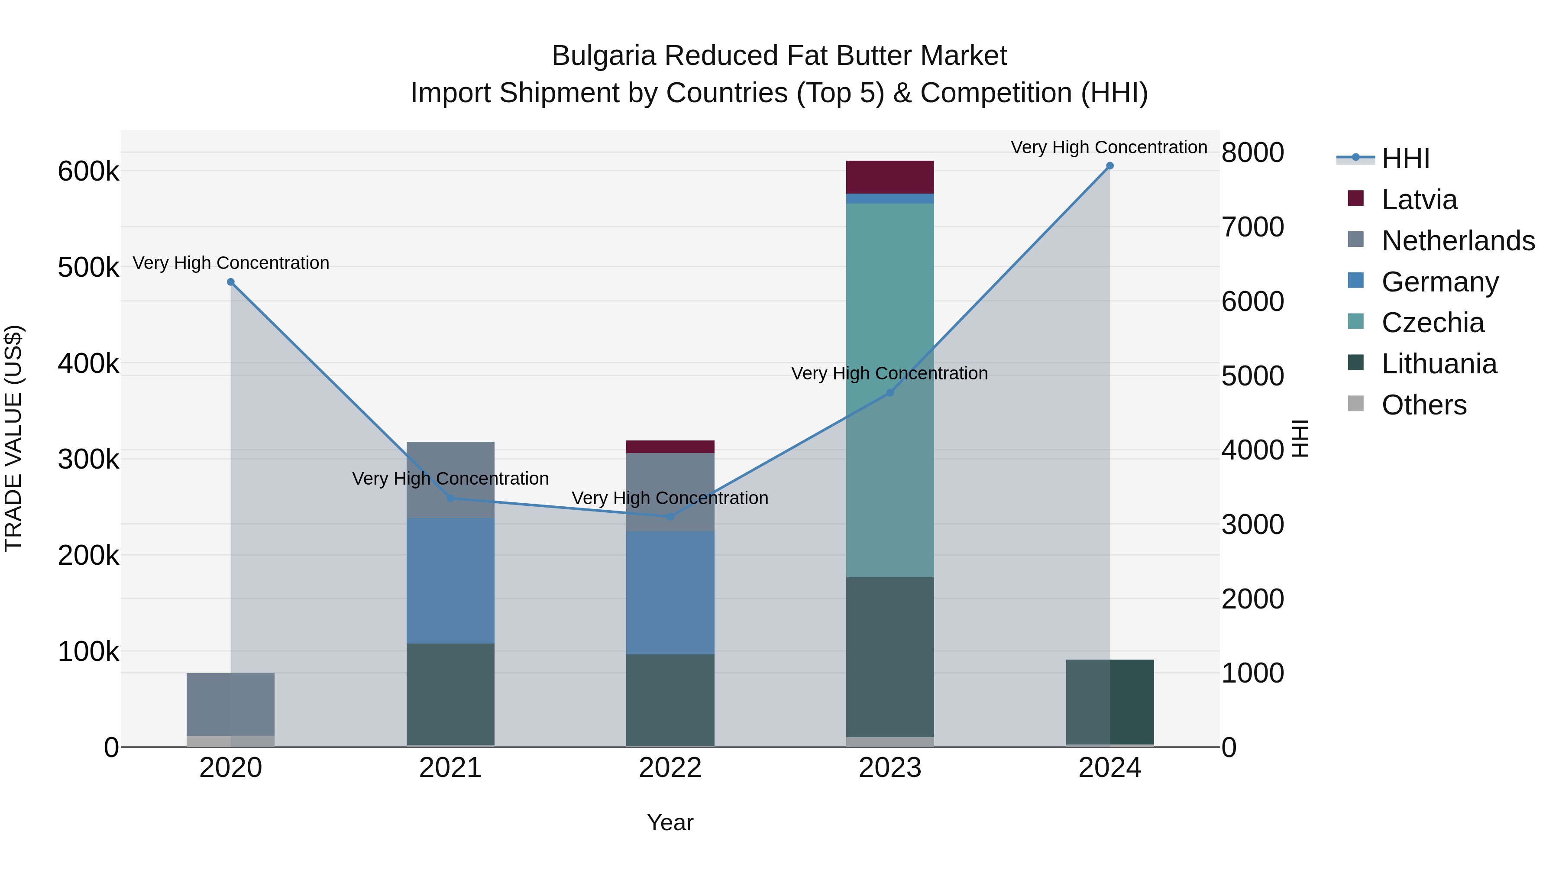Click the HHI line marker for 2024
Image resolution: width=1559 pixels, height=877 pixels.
(1109, 166)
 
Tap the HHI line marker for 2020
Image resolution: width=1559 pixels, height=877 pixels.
(230, 282)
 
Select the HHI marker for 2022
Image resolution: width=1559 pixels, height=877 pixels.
(670, 516)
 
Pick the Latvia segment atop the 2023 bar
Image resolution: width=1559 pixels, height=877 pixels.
(889, 177)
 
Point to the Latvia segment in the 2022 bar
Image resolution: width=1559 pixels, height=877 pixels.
(670, 447)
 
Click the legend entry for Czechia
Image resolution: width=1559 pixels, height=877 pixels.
(1432, 323)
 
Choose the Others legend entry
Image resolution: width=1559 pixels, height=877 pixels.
(1423, 405)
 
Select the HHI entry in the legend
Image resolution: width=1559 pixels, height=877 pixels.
(1405, 159)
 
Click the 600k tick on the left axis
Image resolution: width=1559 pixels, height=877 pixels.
(88, 171)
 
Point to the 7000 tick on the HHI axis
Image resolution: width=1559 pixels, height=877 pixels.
(1252, 227)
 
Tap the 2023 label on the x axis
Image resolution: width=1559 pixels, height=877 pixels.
(889, 768)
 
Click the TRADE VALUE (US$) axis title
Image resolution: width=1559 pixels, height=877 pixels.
(13, 438)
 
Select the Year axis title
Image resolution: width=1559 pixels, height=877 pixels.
(670, 822)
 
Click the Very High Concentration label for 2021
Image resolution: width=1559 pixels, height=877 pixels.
(450, 478)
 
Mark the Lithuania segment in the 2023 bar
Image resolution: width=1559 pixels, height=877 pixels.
(889, 657)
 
